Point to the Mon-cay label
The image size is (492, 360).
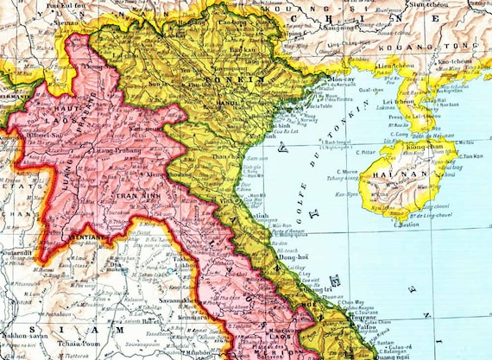pyautogui.click(x=324, y=79)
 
